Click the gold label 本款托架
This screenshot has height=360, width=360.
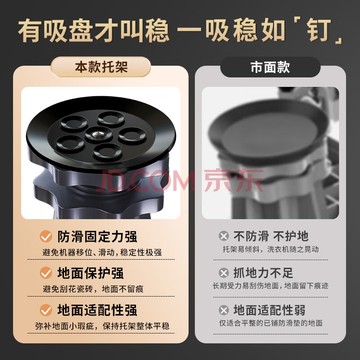coord(101,67)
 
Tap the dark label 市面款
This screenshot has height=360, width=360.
coord(270,67)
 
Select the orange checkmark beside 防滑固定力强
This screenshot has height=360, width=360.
coord(46,236)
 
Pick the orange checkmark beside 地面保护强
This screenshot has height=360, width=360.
coord(46,273)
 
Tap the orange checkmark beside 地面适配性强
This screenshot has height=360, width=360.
coord(46,310)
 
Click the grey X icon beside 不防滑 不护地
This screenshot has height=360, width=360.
coord(224,236)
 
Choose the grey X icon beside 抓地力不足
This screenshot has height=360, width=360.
coord(224,273)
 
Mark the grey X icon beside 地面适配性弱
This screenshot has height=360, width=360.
coord(224,310)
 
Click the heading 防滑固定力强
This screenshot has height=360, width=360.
coord(97,237)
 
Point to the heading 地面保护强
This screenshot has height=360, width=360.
coord(90,273)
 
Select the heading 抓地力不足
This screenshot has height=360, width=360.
coord(263,273)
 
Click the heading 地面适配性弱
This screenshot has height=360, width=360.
coord(269,310)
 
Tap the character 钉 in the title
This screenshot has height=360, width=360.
coord(319,30)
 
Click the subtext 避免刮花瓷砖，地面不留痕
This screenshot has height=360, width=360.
coord(93,289)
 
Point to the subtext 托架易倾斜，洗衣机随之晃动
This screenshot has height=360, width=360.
coord(271,249)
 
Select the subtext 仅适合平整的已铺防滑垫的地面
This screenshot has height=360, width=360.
coord(271,323)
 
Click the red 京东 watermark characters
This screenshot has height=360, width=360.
coord(234,180)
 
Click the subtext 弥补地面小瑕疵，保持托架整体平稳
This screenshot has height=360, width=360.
coord(102,326)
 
